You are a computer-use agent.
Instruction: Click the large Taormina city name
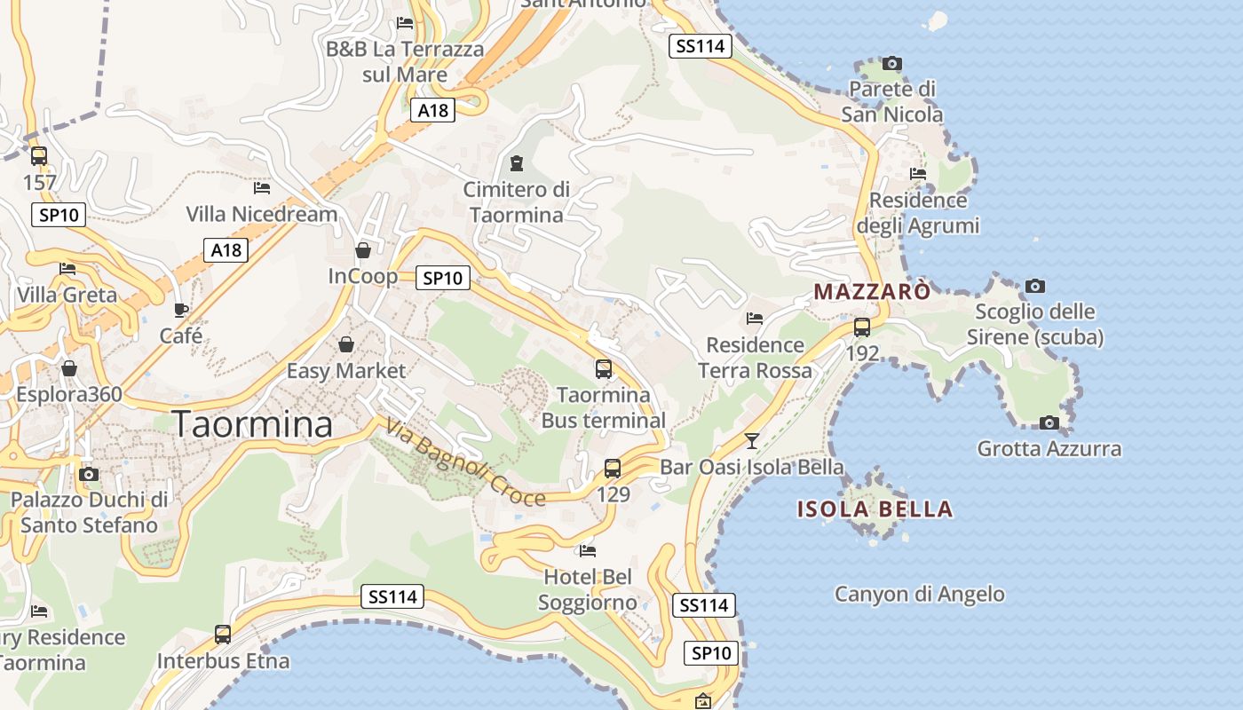(x=252, y=424)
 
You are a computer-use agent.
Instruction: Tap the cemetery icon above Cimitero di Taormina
(x=516, y=163)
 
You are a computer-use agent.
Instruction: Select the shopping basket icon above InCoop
(x=362, y=250)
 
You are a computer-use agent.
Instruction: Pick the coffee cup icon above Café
(x=180, y=310)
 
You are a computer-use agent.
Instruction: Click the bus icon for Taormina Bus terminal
(x=603, y=368)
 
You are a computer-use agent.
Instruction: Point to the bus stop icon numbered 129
(x=613, y=469)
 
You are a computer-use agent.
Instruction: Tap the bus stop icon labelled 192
(x=861, y=327)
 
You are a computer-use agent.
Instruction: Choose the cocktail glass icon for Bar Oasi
(x=752, y=441)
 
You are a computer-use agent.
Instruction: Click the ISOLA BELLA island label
(x=875, y=509)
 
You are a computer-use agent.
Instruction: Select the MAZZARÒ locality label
(x=873, y=291)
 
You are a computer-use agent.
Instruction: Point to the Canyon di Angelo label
(x=919, y=594)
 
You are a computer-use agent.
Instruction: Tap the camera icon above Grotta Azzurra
(x=1049, y=422)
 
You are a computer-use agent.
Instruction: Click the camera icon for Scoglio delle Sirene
(x=1034, y=286)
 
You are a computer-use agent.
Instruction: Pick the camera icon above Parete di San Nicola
(x=892, y=63)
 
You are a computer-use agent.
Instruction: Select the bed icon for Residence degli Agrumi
(x=918, y=174)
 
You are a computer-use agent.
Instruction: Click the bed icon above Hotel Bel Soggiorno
(x=587, y=551)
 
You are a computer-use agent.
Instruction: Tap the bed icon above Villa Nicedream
(x=261, y=188)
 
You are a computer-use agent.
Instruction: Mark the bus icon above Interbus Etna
(x=223, y=635)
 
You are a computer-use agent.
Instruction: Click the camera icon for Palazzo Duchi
(x=88, y=474)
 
